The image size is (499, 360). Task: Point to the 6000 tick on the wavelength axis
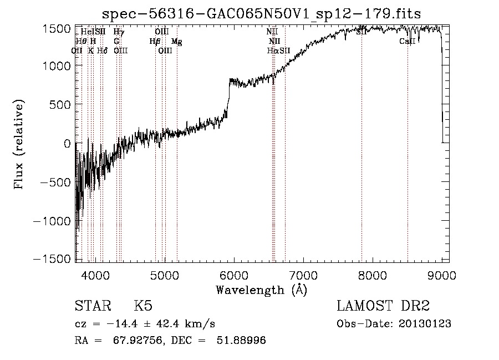click(x=234, y=273)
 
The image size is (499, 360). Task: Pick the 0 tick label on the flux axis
click(x=67, y=143)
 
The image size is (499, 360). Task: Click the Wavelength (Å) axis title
click(x=261, y=290)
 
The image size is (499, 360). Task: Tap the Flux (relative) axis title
click(x=19, y=144)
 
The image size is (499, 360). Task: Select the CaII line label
click(x=407, y=41)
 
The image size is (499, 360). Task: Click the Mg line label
click(x=176, y=41)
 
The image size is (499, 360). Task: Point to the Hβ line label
click(x=155, y=41)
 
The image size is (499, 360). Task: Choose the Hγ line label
click(x=119, y=32)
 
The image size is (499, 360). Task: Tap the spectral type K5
click(x=143, y=306)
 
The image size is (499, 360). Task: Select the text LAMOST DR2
click(x=383, y=306)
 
